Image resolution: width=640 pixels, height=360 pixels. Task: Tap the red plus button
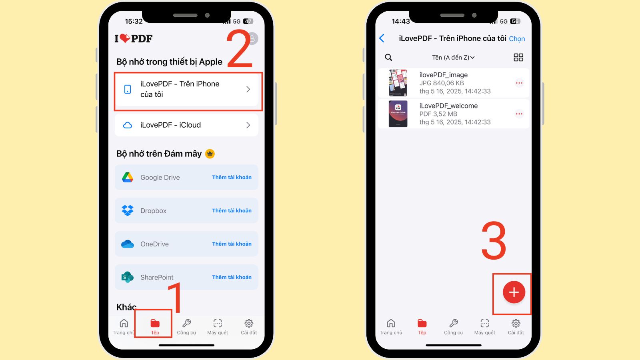(x=514, y=292)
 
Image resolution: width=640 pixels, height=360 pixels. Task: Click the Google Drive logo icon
(x=128, y=177)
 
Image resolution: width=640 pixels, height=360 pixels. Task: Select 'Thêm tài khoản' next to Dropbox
(x=232, y=210)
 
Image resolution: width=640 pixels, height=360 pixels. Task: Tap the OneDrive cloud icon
(x=128, y=244)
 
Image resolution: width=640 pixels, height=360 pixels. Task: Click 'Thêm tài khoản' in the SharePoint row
(x=232, y=277)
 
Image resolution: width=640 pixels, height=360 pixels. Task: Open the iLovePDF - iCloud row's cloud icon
(x=128, y=125)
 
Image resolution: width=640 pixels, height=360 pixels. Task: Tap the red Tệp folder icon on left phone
(x=155, y=323)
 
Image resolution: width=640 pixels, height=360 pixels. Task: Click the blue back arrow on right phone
(x=382, y=38)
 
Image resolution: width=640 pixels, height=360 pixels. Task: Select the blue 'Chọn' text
(x=517, y=39)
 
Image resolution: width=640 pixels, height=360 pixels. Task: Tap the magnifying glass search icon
(x=388, y=58)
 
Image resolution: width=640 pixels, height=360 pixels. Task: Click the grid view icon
(x=518, y=58)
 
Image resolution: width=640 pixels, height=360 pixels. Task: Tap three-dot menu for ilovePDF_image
(x=519, y=83)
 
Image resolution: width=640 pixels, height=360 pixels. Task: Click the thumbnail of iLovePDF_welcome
(x=398, y=114)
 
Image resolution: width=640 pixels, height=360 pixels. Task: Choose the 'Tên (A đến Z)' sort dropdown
(x=453, y=58)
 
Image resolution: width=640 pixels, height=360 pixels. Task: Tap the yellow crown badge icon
(x=210, y=154)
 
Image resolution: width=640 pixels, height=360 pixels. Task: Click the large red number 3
(x=494, y=241)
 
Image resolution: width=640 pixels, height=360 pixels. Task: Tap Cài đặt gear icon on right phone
(x=516, y=323)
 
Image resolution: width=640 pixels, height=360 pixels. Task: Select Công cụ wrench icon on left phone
(x=186, y=323)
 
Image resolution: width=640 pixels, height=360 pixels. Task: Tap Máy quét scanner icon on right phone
(x=485, y=323)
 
